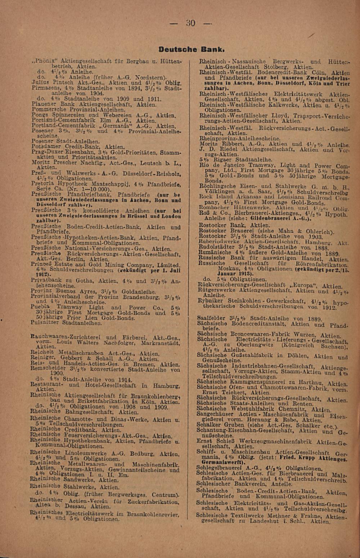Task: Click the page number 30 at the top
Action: (191, 23)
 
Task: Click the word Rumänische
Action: (215, 253)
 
